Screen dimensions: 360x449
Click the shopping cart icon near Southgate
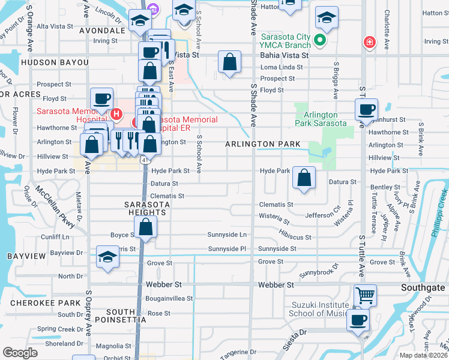[x=365, y=295]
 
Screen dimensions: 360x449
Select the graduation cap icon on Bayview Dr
[x=107, y=257]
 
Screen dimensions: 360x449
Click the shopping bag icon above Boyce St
[x=145, y=227]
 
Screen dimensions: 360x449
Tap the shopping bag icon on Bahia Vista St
[x=229, y=62]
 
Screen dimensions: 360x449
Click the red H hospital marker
[x=117, y=113]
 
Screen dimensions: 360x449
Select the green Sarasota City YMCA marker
[x=321, y=40]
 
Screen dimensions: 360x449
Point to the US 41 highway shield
[x=145, y=160]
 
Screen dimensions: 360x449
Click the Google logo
[x=20, y=352]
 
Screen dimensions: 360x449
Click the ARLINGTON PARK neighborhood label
[x=263, y=145]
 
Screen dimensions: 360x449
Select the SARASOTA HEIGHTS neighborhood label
[x=145, y=208]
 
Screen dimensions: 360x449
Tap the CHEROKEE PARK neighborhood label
[x=41, y=303]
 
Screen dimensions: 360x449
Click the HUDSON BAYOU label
[x=55, y=62]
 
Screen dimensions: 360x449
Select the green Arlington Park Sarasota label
[x=321, y=119]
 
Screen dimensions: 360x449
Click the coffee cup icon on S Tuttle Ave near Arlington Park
[x=366, y=110]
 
